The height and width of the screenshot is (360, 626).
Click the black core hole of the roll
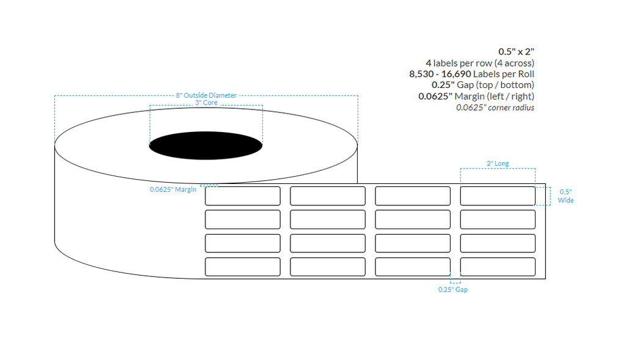coord(206,145)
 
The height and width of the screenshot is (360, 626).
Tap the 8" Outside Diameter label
coord(206,96)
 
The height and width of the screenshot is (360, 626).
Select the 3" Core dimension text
coord(207,103)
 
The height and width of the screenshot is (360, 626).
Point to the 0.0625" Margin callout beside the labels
coord(173,189)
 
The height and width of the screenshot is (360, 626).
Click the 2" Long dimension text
coord(498,164)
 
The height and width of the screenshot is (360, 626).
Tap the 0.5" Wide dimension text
coord(565,196)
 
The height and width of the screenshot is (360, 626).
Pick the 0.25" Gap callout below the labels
coord(452,290)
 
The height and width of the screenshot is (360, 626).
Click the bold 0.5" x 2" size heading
coord(517,51)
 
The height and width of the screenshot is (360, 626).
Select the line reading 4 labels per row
coord(480,63)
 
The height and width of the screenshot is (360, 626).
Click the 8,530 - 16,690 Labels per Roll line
coord(471,74)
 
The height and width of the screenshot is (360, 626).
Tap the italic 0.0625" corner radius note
coord(495,108)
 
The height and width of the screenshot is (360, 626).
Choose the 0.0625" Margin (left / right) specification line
coord(476,97)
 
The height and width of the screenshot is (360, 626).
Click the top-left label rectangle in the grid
coord(243,196)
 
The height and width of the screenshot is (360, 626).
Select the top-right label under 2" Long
coord(498,196)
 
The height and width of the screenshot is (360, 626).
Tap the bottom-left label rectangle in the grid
coord(243,266)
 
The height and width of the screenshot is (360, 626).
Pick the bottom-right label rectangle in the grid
coord(498,266)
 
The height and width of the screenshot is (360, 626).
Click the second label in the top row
coord(328,196)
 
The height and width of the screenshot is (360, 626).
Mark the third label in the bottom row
coord(413,266)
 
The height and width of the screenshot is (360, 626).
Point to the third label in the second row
coord(413,219)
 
